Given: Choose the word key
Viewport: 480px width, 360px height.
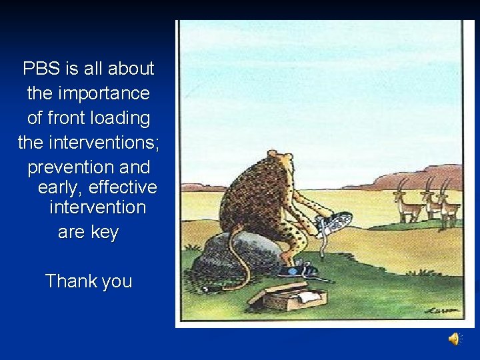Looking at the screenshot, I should tap(105, 232).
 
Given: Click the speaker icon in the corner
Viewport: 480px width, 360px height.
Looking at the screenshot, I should tap(454, 340).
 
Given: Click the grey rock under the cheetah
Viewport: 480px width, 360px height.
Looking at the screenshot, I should tap(237, 254).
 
